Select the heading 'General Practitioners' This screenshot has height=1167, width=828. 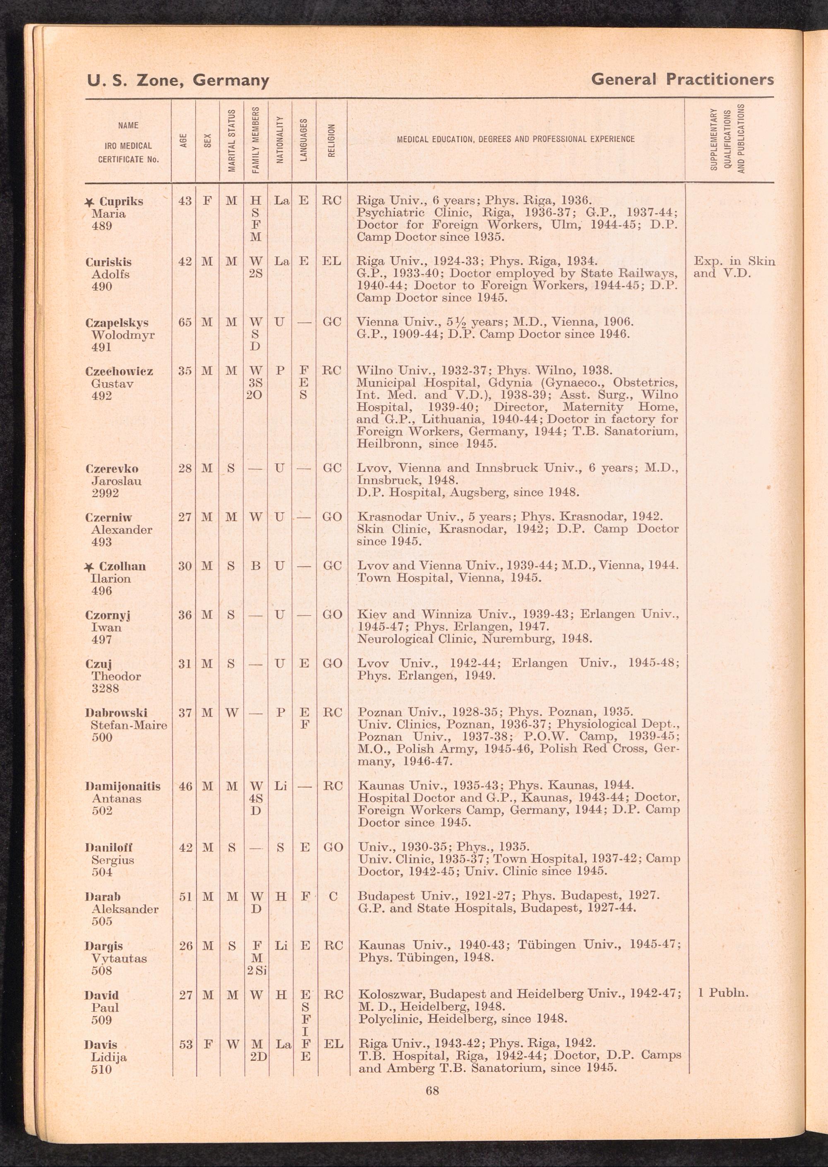click(682, 79)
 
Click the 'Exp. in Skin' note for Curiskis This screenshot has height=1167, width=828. click(734, 262)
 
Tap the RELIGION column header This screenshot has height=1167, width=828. click(331, 141)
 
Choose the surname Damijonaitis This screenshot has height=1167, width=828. click(123, 786)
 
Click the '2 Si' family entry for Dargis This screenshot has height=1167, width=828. click(257, 970)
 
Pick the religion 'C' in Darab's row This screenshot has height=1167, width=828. click(332, 896)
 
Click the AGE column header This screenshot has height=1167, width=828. click(183, 141)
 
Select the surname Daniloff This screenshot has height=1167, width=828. click(108, 848)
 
